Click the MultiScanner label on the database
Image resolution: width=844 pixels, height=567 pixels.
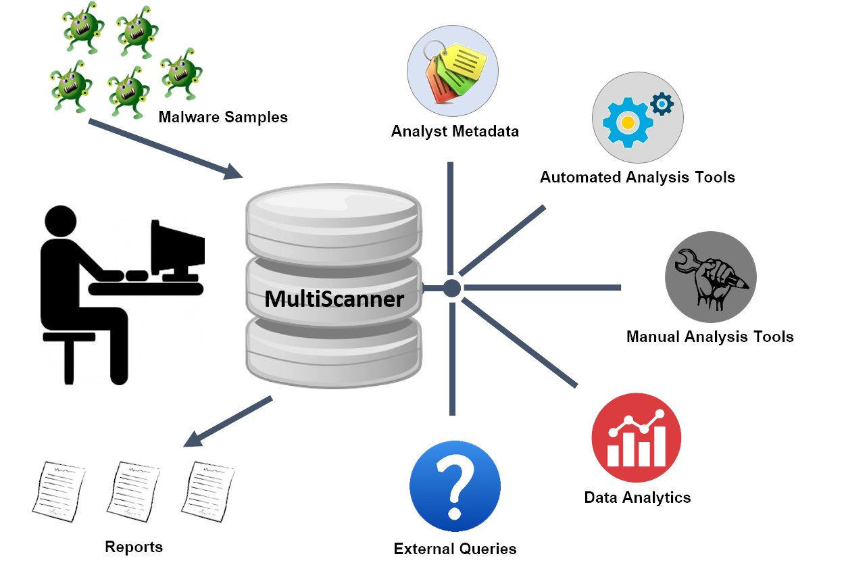coord(334,298)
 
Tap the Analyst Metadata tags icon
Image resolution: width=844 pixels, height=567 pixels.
coord(452,70)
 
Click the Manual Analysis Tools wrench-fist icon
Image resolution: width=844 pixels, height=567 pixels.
coord(710,277)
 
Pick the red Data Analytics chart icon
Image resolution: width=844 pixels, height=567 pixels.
coord(636,437)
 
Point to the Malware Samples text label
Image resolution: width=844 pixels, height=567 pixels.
coord(223,117)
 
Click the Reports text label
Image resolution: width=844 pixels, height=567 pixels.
coord(134,546)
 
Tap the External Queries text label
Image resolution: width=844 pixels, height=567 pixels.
coord(455,548)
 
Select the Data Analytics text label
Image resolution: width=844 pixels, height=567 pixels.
coord(637,498)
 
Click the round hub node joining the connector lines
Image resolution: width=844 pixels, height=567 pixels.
coord(452,289)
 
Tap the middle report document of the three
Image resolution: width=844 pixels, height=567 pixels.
coord(134,489)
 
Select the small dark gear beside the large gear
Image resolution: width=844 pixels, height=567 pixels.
coord(662,104)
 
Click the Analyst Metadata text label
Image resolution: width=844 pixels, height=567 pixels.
coord(455,131)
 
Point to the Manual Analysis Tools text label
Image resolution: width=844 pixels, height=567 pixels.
coord(710,336)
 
